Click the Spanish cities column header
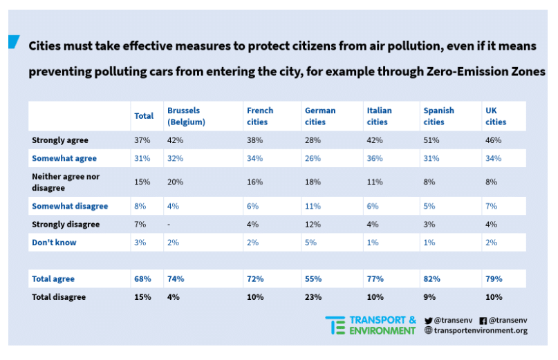point(438,116)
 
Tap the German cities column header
point(319,116)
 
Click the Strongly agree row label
point(60,140)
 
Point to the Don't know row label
point(54,243)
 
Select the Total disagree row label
point(59,297)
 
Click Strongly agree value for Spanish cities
point(431,140)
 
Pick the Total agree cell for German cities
point(313,279)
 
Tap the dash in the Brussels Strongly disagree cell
point(169,225)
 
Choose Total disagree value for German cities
point(313,297)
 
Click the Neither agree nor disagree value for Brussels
point(176,182)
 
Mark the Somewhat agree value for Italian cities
point(375,158)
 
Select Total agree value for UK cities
point(493,279)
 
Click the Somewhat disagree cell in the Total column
point(140,206)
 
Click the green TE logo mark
point(335,325)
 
